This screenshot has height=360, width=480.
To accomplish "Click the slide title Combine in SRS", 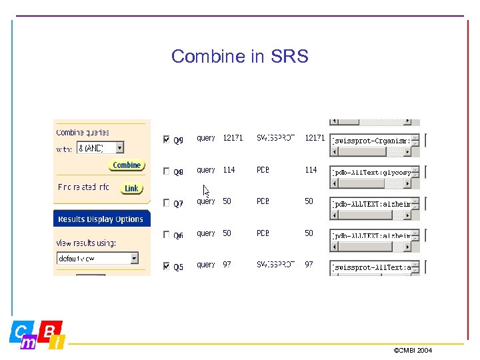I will [x=239, y=56].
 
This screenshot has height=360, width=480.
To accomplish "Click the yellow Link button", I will [x=131, y=189].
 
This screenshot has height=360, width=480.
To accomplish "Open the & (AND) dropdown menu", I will [x=120, y=147].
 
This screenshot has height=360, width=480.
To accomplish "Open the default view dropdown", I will [x=134, y=258].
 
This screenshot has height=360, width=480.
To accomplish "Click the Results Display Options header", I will [x=101, y=219].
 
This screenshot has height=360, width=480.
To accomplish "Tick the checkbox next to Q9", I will [x=166, y=139].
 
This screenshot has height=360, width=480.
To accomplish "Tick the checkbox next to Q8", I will [x=166, y=171].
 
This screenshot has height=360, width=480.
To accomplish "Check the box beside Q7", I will [x=166, y=203].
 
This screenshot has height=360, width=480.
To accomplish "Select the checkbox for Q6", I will [x=166, y=235].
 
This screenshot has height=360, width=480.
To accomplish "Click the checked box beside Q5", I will [x=166, y=266].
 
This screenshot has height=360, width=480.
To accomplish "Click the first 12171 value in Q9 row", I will [x=233, y=138].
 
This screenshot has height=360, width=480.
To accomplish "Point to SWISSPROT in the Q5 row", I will [x=275, y=265].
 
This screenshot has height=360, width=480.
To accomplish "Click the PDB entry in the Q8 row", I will [x=263, y=170].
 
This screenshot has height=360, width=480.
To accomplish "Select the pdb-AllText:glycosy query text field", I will [x=371, y=172].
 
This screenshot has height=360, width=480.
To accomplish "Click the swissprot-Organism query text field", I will [x=371, y=141].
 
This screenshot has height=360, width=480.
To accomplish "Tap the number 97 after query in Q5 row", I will [x=227, y=265].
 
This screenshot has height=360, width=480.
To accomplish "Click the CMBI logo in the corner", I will [x=37, y=335].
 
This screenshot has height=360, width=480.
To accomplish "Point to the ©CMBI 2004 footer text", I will [x=413, y=350].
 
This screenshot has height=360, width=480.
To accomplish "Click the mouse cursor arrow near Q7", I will [x=207, y=191].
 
